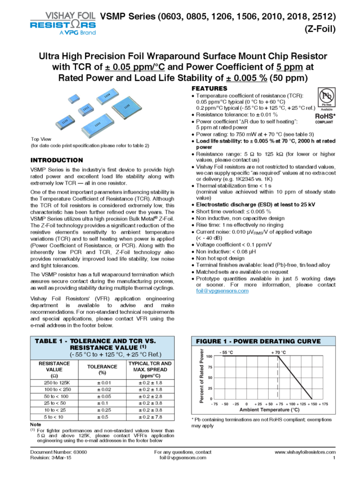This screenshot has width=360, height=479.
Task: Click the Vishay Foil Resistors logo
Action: point(63,23)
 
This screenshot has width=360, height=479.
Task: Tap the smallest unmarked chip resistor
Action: point(72,99)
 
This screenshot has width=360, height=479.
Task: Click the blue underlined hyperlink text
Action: point(223,291)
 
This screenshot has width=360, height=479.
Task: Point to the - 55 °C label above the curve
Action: point(226,352)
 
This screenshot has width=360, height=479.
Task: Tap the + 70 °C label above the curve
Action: point(278,352)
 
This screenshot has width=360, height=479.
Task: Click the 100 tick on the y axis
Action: point(209,356)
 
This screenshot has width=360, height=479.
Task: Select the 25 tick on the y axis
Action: point(210,388)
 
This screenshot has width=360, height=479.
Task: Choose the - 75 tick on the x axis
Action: point(214,404)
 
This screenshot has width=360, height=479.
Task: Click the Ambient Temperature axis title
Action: point(269,410)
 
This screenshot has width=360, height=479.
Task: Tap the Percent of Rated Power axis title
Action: point(202,375)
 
